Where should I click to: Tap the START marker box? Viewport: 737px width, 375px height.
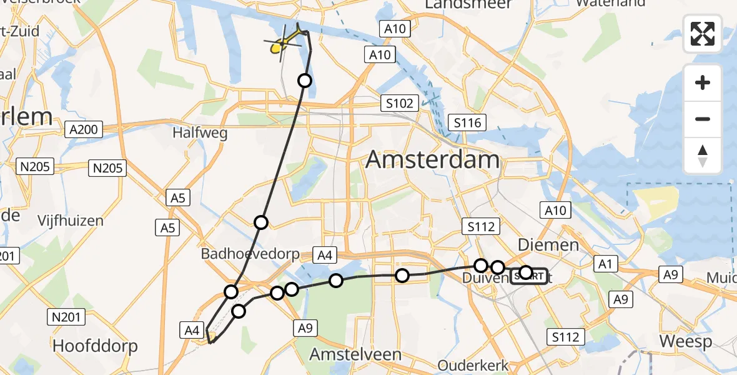pyautogui.click(x=529, y=276)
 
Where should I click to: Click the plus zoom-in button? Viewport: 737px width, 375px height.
pyautogui.click(x=703, y=83)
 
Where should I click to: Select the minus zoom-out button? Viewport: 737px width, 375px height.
pyautogui.click(x=703, y=119)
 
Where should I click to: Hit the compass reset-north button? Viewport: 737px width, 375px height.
pyautogui.click(x=703, y=156)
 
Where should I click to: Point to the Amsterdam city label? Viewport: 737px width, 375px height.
pyautogui.click(x=432, y=159)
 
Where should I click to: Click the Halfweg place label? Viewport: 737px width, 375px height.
pyautogui.click(x=200, y=132)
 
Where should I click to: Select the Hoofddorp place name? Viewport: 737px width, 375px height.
pyautogui.click(x=95, y=346)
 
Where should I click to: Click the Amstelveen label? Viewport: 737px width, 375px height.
pyautogui.click(x=356, y=354)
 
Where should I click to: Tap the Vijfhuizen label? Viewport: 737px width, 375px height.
pyautogui.click(x=70, y=221)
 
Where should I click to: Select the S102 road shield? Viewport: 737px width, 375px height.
pyautogui.click(x=399, y=103)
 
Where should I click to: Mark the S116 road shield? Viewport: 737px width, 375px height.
pyautogui.click(x=468, y=122)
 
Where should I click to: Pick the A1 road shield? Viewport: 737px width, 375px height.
pyautogui.click(x=604, y=264)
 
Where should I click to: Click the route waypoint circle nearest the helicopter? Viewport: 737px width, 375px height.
pyautogui.click(x=305, y=80)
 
